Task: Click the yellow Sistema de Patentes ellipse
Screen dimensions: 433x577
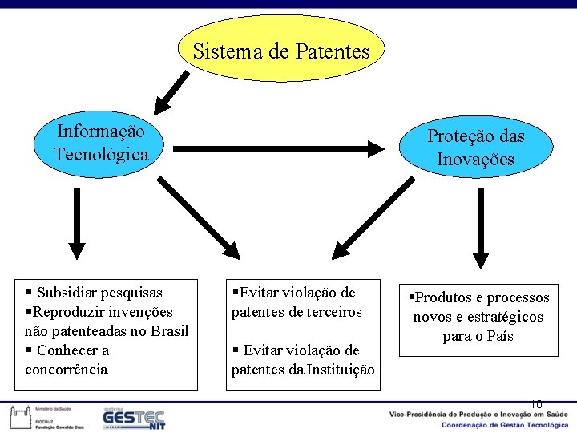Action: (x=280, y=49)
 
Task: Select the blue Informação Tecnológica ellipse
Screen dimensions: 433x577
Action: (x=101, y=143)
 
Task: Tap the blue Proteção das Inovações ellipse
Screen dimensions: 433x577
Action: (x=475, y=148)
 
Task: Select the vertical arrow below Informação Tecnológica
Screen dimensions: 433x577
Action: (x=76, y=224)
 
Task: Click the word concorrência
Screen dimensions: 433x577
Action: (x=66, y=370)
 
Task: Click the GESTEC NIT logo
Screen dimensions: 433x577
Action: (x=133, y=418)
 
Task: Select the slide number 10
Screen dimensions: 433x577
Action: (x=536, y=404)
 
